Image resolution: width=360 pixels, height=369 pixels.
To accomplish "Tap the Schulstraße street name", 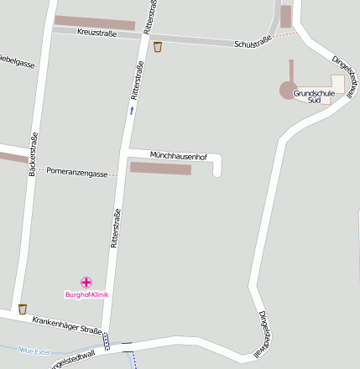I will point(253,43).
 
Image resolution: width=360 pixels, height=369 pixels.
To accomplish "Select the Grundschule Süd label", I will point(314,96).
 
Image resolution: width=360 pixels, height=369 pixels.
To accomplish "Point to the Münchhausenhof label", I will point(178,156).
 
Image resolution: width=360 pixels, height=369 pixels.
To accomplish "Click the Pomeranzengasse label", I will point(78,174).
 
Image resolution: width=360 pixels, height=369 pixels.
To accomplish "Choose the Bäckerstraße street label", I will point(33,154).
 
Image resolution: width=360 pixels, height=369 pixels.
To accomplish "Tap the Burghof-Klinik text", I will point(87,294).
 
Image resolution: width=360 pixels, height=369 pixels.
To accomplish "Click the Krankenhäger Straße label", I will point(67,325).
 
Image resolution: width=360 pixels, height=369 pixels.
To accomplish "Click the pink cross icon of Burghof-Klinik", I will point(86,283).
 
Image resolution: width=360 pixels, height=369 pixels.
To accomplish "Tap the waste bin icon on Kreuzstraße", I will point(158,48).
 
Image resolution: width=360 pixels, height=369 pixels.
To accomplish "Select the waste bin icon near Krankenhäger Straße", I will point(22,309).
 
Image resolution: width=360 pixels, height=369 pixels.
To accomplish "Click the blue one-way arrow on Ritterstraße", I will point(131,110).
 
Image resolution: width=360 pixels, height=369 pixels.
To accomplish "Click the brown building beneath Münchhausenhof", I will point(160,169).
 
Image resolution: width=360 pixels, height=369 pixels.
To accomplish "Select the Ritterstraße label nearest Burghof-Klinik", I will point(116,227).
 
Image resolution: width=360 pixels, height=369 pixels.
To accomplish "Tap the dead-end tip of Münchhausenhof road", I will point(217,173).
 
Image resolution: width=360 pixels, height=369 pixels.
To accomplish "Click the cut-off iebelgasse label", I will point(17,62).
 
